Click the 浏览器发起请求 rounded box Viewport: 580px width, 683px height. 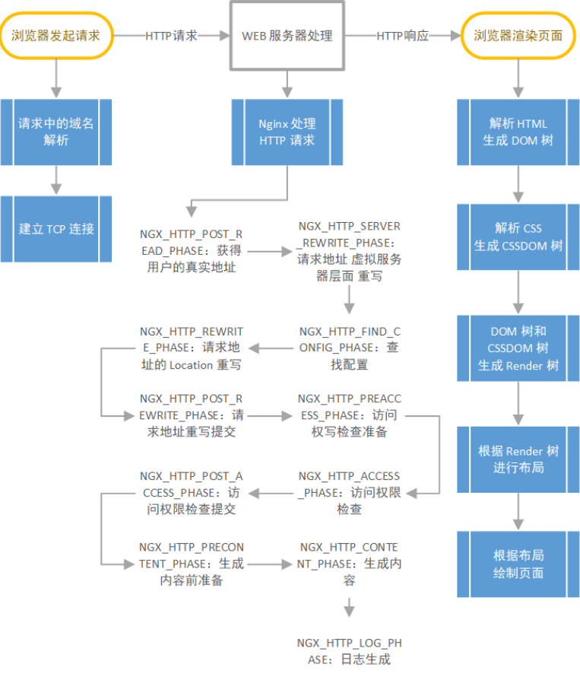[55, 35]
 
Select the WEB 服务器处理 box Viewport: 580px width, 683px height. [287, 36]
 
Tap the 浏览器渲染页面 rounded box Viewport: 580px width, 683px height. [518, 35]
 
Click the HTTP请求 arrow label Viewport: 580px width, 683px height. [171, 36]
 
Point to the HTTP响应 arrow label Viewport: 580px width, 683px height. [402, 36]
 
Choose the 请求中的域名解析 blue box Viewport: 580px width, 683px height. [56, 132]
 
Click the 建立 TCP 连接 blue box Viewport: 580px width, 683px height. [56, 228]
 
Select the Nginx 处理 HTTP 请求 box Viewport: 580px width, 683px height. [287, 132]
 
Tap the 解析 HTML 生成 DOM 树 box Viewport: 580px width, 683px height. [518, 132]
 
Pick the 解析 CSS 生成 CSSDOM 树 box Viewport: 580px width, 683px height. [518, 237]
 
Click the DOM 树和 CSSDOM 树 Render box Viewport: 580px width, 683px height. [518, 348]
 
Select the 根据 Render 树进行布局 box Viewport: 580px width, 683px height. [518, 459]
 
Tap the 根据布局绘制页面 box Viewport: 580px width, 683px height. [518, 564]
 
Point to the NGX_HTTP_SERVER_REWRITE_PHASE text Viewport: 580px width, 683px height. [349, 252]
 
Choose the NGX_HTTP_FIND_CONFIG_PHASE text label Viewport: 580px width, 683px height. [349, 348]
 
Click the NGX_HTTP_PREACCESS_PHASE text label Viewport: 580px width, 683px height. [349, 415]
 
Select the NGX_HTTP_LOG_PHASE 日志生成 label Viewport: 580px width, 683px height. [349, 651]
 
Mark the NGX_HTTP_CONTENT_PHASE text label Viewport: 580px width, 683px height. [349, 564]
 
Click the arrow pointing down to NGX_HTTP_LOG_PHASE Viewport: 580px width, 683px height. [349, 607]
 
